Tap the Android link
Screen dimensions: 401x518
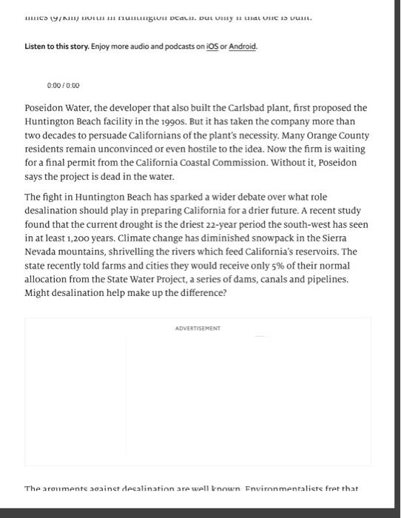pyautogui.click(x=243, y=47)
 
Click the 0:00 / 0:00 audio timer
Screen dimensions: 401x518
pyautogui.click(x=63, y=86)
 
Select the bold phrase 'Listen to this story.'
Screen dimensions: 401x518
pyautogui.click(x=57, y=47)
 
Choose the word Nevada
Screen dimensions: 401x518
pyautogui.click(x=41, y=252)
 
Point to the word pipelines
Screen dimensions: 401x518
pyautogui.click(x=323, y=278)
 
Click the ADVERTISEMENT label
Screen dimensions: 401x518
pyautogui.click(x=198, y=328)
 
